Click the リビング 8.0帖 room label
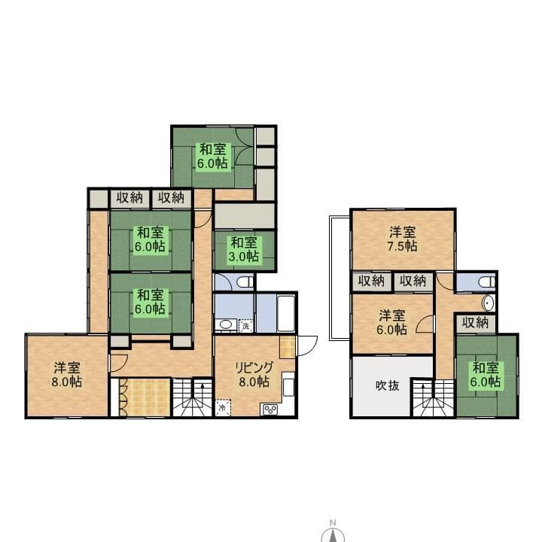(x=254, y=374)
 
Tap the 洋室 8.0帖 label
(x=67, y=374)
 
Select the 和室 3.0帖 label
(x=244, y=249)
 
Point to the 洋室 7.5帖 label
(x=402, y=239)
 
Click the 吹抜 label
(x=387, y=385)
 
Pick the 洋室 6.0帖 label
(x=391, y=322)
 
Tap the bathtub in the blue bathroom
(x=286, y=313)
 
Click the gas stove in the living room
(x=270, y=410)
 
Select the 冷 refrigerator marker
(x=223, y=408)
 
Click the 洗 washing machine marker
(x=245, y=326)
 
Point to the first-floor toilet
(x=245, y=282)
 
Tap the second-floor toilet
(x=487, y=282)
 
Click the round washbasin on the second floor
(x=488, y=303)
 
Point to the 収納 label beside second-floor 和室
(x=475, y=323)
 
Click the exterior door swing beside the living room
(x=307, y=346)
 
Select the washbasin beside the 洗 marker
(x=226, y=324)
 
